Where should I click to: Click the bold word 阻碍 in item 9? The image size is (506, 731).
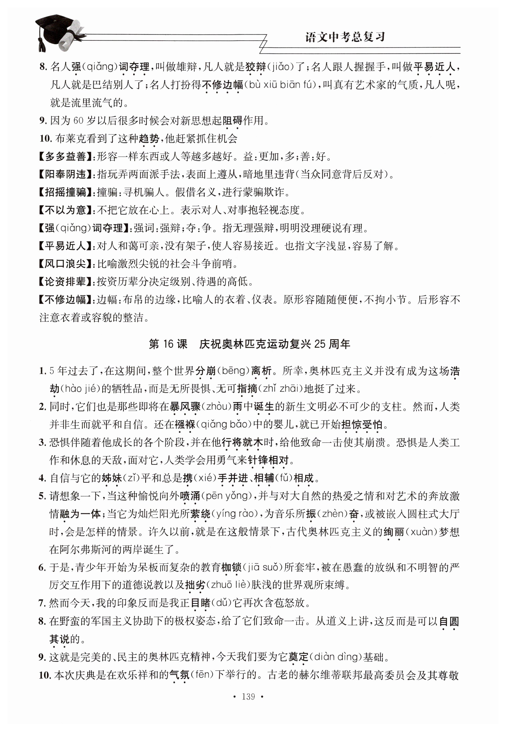pyautogui.click(x=232, y=121)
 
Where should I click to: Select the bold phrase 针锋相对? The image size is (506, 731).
pyautogui.click(x=269, y=460)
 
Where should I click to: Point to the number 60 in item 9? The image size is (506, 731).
pyautogui.click(x=78, y=121)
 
